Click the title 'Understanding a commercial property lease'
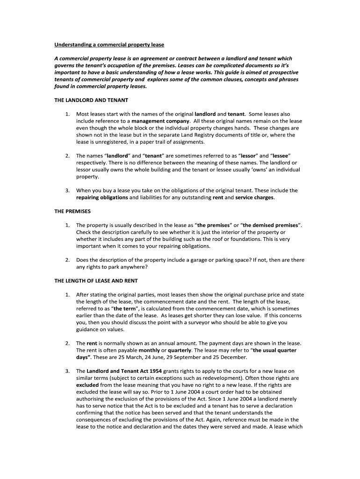[109, 44]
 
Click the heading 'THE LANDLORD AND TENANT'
[91, 100]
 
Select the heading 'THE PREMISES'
[72, 211]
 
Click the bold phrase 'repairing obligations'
[102, 197]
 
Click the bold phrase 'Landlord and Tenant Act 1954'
[124, 371]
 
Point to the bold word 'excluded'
[88, 385]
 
